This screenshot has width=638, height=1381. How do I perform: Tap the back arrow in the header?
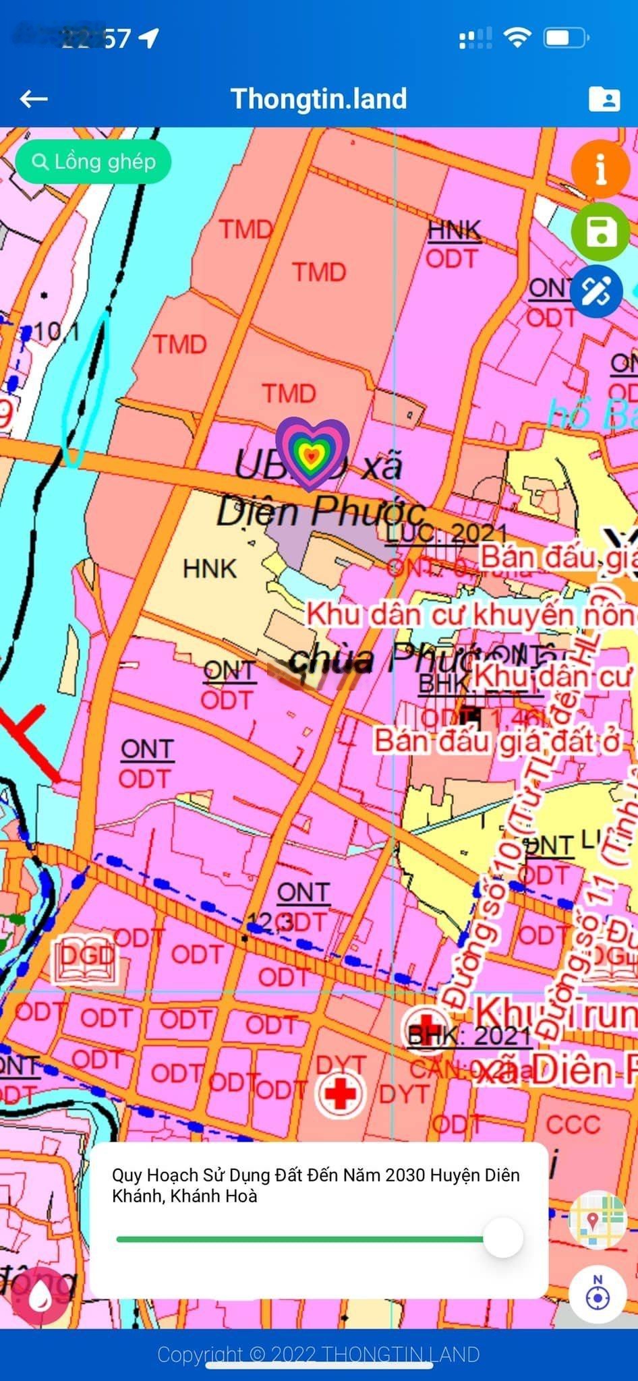click(34, 100)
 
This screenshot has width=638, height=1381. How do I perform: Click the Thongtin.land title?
click(318, 99)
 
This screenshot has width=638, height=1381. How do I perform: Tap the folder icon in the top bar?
click(604, 99)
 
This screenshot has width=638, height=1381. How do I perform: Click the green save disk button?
click(601, 231)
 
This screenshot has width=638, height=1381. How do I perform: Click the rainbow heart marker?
click(312, 452)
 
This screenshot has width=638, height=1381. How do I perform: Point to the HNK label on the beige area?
click(210, 568)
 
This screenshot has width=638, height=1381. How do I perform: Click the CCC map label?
click(573, 1124)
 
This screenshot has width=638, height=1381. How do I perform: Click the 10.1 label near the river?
click(57, 332)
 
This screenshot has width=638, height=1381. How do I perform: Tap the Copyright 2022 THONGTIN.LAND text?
click(318, 1354)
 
